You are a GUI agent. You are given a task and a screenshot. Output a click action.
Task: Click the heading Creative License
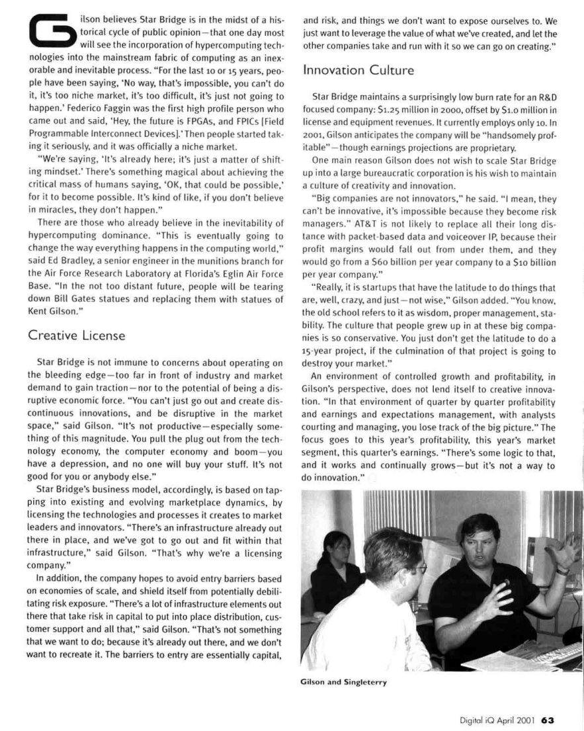coord(77,335)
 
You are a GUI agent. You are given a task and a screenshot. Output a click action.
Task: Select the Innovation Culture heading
coord(358,69)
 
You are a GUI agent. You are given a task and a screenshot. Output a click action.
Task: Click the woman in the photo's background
coord(335,562)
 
